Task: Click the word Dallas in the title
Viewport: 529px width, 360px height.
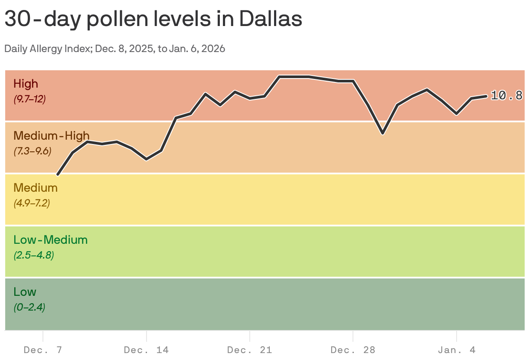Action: (271, 19)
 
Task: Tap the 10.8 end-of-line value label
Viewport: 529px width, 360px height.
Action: (506, 96)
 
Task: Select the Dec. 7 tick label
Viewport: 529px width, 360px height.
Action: (42, 350)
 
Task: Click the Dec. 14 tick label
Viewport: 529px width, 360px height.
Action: (146, 350)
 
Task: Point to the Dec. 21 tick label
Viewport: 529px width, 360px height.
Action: (249, 350)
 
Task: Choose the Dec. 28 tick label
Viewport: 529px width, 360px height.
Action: (353, 350)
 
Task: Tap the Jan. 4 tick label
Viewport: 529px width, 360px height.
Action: (457, 350)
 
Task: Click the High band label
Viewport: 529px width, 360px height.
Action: (26, 84)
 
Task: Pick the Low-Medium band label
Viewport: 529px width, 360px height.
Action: (50, 240)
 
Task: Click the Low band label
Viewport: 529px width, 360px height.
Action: (25, 292)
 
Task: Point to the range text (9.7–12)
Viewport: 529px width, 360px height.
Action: (29, 99)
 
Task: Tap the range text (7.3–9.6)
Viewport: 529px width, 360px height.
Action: (33, 151)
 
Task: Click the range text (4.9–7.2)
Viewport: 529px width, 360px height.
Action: (32, 203)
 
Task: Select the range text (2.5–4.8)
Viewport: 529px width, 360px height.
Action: (33, 255)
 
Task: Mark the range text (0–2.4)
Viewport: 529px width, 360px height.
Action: (29, 307)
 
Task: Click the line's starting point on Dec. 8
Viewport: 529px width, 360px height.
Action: (58, 174)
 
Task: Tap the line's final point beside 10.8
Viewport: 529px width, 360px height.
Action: (486, 96)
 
